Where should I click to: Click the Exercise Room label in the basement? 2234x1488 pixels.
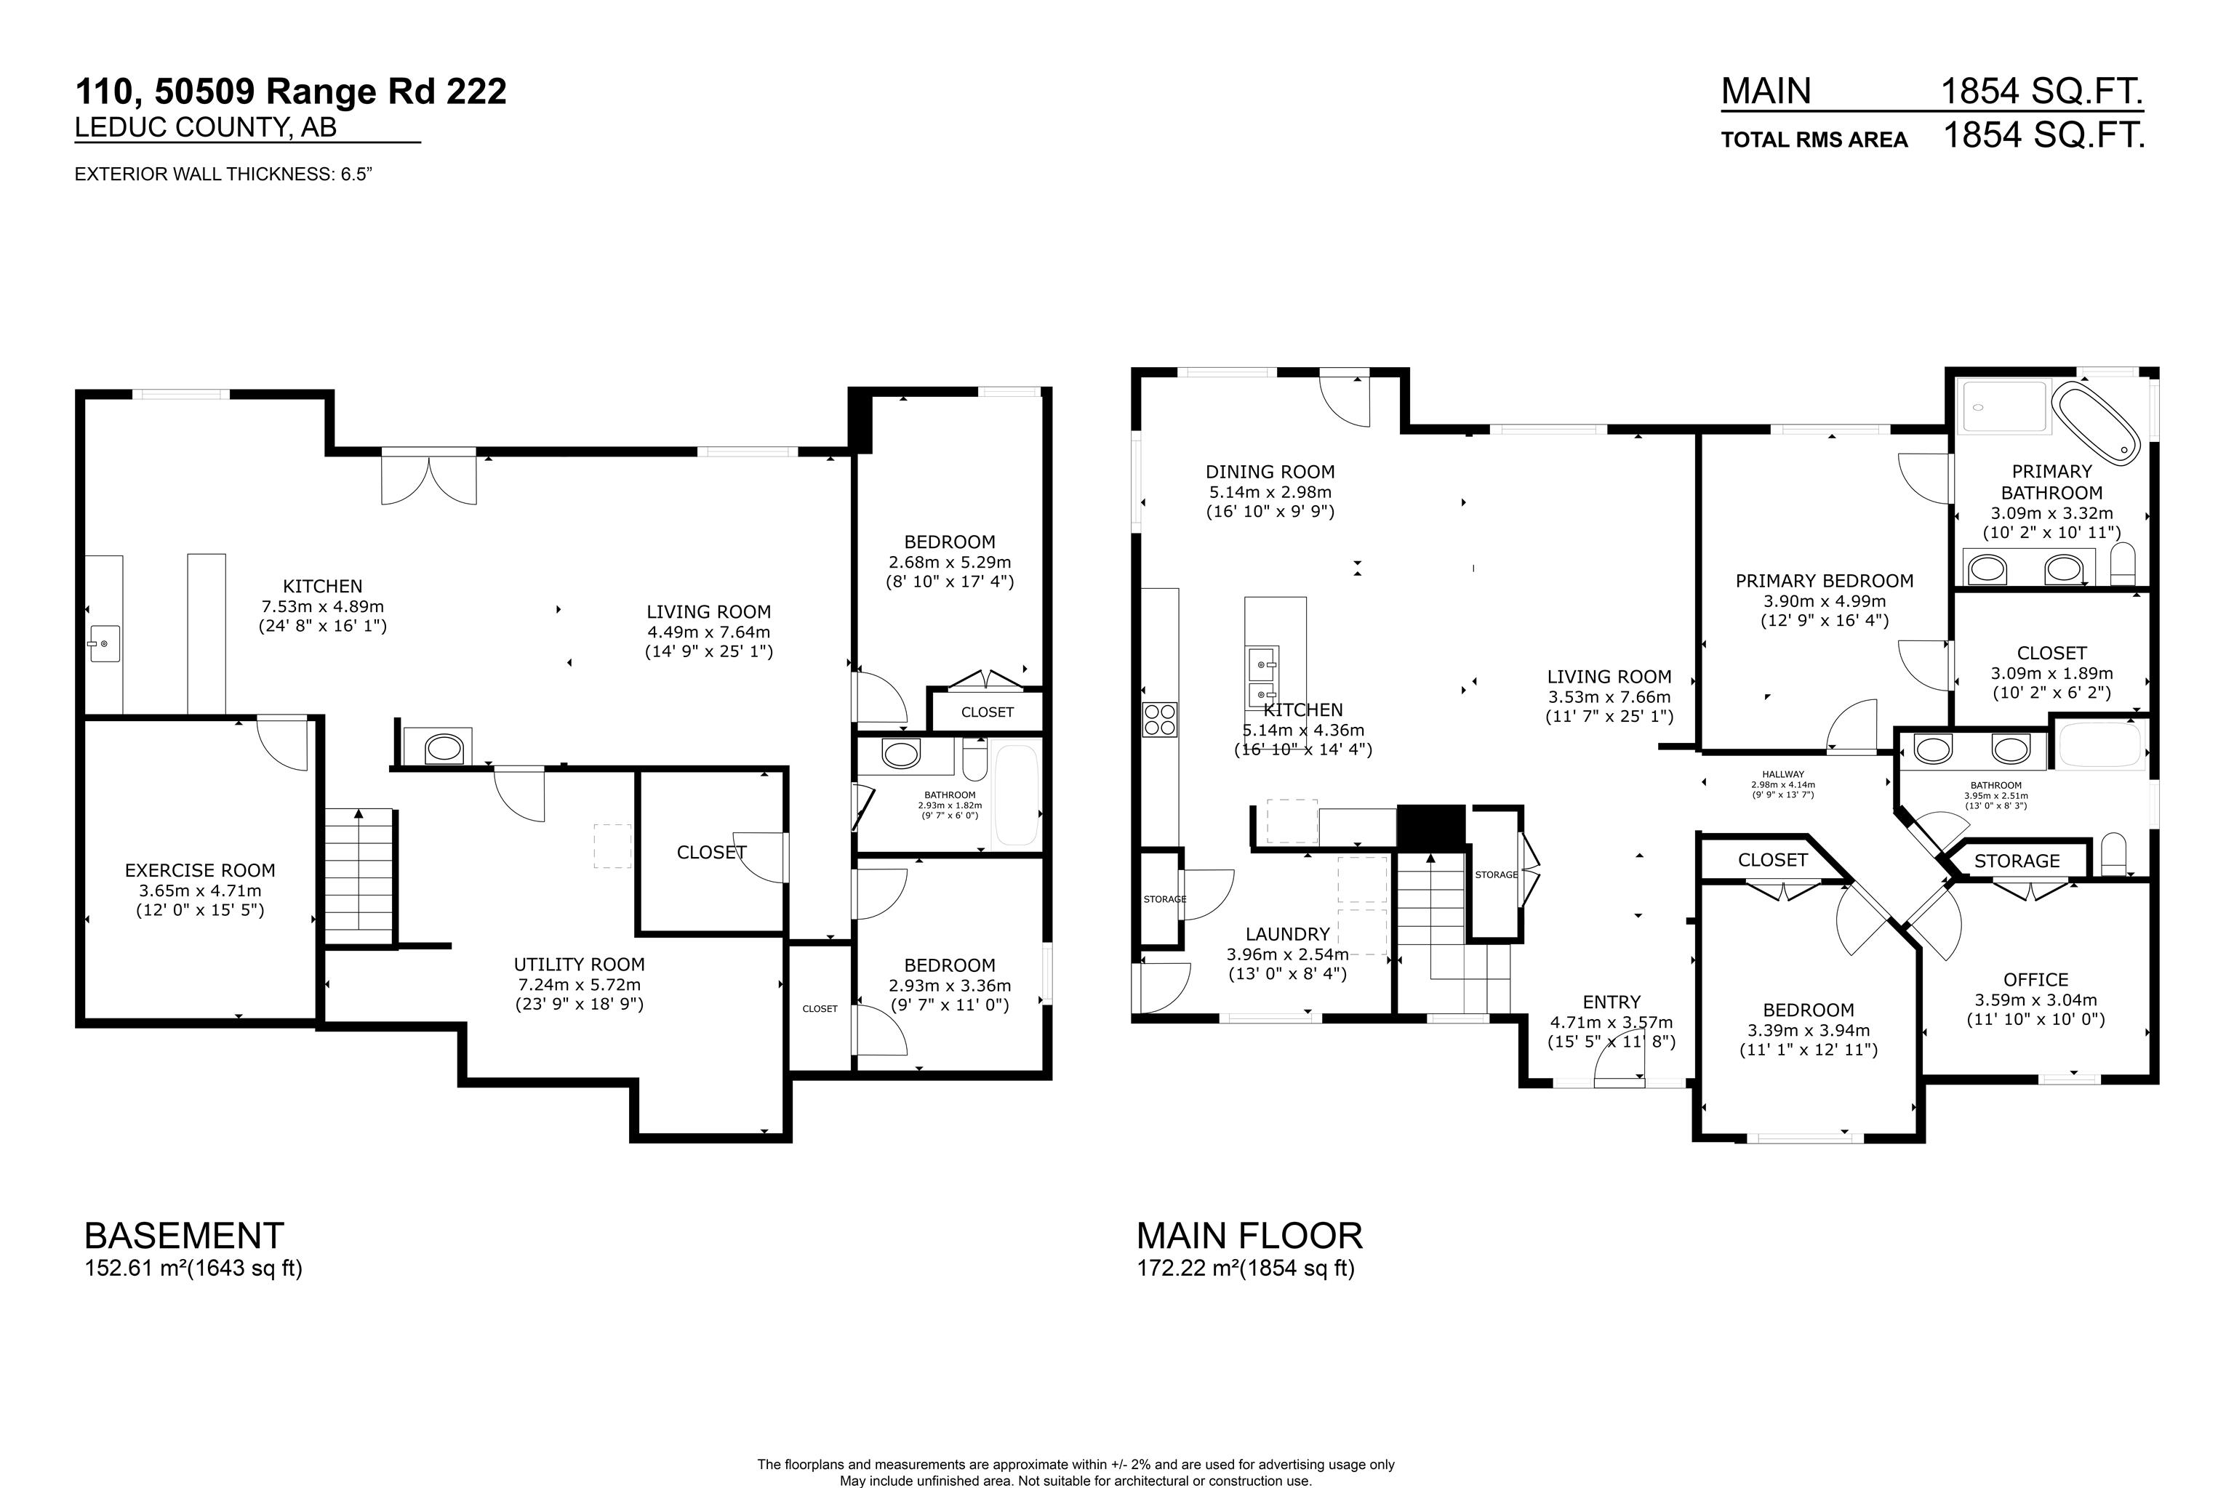(200, 870)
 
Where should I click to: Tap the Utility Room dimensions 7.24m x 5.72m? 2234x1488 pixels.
(579, 984)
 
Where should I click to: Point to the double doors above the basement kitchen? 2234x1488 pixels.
(428, 479)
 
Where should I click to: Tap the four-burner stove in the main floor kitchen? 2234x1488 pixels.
(1159, 720)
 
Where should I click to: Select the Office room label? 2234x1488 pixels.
(2035, 979)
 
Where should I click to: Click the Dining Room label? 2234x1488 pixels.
(1270, 472)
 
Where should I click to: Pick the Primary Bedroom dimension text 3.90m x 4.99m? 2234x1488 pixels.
(1824, 600)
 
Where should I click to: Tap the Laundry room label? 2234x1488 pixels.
(1287, 934)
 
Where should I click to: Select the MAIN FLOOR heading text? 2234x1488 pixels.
(1249, 1236)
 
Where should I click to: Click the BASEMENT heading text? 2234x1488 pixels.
(184, 1236)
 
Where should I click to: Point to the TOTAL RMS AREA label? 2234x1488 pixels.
(1814, 140)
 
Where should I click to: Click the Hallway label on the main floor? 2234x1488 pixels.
(1782, 774)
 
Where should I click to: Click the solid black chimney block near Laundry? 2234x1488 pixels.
(1430, 826)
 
